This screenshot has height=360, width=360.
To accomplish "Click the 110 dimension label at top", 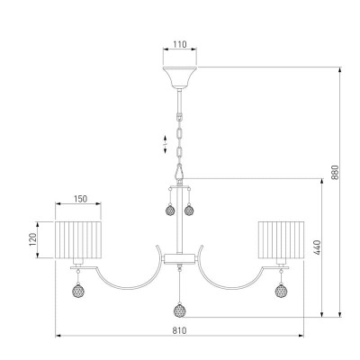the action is click(x=180, y=44).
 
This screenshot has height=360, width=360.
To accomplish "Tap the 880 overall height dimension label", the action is click(x=335, y=172).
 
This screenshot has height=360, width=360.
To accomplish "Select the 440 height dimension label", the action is click(x=317, y=247).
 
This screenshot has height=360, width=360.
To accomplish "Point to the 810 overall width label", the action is click(x=179, y=330).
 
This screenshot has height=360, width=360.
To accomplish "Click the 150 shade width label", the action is click(x=80, y=199).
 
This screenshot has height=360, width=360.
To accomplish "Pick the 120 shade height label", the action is click(x=32, y=239).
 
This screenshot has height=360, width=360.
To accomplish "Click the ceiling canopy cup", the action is click(x=180, y=77).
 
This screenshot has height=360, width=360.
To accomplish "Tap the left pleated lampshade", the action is click(x=78, y=239).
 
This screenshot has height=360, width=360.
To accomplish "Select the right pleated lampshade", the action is click(x=281, y=239).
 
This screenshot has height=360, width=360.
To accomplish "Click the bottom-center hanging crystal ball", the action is click(x=179, y=310).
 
